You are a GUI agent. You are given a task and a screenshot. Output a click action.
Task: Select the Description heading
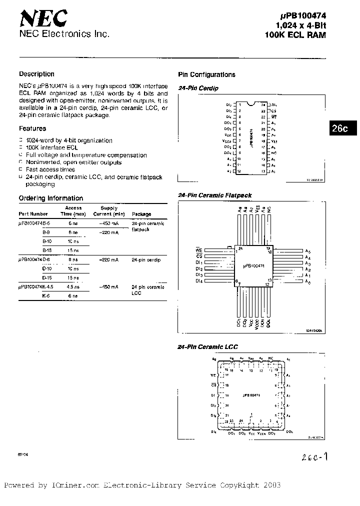[36, 74]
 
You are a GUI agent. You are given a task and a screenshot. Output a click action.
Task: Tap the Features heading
[32, 128]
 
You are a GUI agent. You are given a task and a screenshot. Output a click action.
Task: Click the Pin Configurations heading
[206, 74]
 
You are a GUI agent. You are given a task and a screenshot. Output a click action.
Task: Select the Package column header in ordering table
[141, 214]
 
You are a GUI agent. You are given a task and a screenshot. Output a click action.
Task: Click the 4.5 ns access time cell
[72, 287]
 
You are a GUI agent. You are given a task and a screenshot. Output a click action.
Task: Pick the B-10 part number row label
[47, 241]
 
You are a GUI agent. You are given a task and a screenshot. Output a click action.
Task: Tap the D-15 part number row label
[47, 277]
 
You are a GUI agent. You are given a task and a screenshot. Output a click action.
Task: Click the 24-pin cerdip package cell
[146, 260]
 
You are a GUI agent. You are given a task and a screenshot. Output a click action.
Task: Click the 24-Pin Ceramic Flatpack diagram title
[215, 195]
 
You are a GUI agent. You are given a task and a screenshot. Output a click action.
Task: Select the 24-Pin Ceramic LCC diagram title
[208, 346]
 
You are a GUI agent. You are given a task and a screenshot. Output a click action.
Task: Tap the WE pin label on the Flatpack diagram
[198, 249]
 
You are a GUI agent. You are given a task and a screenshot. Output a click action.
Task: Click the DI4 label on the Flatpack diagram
[198, 281]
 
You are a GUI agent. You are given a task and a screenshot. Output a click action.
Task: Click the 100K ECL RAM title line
[295, 35]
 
